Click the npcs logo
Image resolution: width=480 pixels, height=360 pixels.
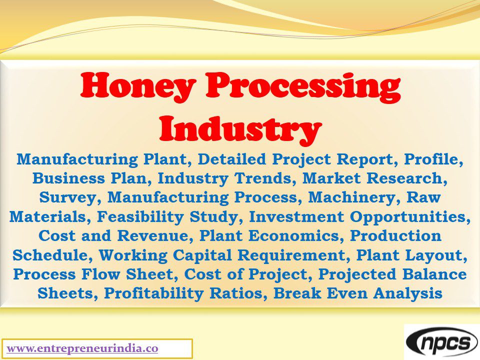point(441,343)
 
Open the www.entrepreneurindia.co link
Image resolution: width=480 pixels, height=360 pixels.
point(82,348)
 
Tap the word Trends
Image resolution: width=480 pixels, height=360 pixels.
point(265,178)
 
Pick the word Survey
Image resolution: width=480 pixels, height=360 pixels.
point(70,197)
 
